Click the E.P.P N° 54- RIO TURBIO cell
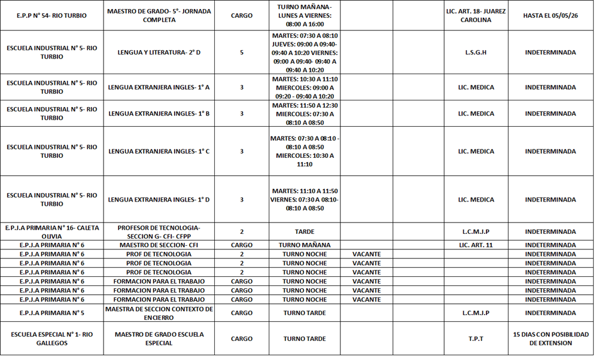[51, 16]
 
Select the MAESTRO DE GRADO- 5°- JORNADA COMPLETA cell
[159, 16]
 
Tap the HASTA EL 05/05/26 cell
[550, 16]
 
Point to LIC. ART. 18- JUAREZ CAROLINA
[476, 16]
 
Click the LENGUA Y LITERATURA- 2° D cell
[159, 53]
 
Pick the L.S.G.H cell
[476, 53]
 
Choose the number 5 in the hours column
[242, 53]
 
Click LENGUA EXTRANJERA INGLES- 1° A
[159, 87]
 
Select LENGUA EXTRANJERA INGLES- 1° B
[159, 114]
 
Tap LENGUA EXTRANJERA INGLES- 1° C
[159, 151]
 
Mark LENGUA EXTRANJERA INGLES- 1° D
[159, 200]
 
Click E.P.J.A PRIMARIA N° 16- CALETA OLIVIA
[51, 231]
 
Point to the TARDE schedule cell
[305, 231]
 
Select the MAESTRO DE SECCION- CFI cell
[159, 245]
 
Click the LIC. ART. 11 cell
[476, 245]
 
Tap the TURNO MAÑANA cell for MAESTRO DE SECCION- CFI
[305, 245]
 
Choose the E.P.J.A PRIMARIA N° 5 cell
[51, 313]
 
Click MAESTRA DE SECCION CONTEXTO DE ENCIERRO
[159, 313]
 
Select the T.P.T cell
[476, 338]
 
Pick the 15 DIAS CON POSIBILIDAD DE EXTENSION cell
[550, 338]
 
